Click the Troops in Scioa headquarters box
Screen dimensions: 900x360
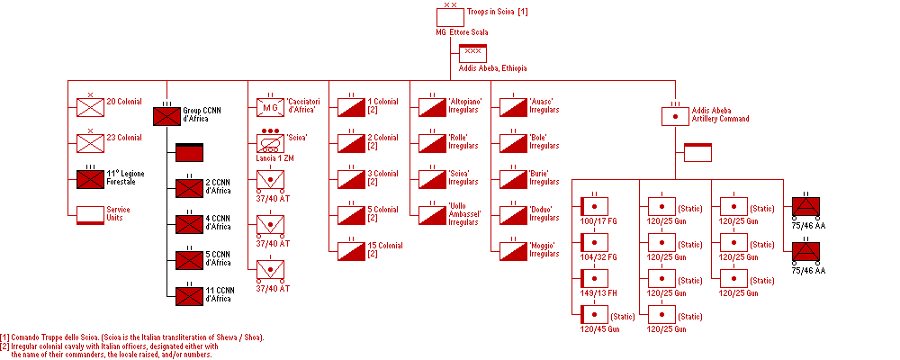(450, 17)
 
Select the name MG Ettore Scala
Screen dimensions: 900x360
(462, 32)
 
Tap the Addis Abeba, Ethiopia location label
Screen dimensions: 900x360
(492, 68)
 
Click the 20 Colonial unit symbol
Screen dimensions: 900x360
(91, 107)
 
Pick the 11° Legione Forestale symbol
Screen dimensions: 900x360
(91, 179)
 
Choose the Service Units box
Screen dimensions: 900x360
(91, 215)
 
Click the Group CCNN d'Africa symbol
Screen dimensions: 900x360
(167, 117)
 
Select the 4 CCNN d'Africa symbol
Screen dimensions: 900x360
(190, 224)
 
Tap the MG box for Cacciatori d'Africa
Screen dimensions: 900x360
(270, 107)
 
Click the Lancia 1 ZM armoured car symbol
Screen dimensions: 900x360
(270, 143)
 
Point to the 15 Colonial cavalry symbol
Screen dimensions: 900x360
(351, 251)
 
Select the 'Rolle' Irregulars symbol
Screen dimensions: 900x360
(432, 143)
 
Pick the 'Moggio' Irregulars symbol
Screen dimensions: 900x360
(513, 251)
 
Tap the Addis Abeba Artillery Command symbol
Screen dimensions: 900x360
(676, 117)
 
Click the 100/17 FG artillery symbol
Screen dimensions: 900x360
(595, 206)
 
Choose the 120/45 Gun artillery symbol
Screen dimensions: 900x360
(595, 315)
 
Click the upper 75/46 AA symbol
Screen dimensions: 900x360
(805, 206)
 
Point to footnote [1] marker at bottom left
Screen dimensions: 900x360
(4, 337)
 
